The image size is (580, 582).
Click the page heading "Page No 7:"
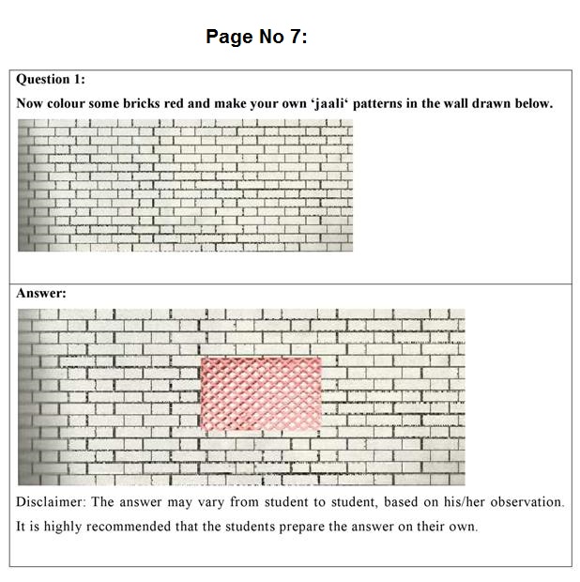256,37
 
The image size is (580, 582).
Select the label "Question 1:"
51,80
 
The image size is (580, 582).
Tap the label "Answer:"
41,293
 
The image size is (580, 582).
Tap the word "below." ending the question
531,103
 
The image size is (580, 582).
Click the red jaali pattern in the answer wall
261,392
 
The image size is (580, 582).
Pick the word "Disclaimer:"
51,502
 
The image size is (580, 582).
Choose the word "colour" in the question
69,103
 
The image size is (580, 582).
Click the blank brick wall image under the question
185,187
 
